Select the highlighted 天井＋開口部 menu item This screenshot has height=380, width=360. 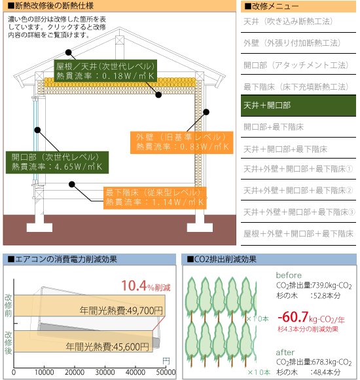[x=298, y=105]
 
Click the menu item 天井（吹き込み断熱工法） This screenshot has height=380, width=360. [x=288, y=22]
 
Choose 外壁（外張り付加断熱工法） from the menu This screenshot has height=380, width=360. [x=292, y=43]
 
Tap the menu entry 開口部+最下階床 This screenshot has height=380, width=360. [x=274, y=126]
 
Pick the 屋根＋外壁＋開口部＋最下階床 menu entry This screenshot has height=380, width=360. [x=298, y=234]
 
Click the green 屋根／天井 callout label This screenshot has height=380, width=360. [x=105, y=71]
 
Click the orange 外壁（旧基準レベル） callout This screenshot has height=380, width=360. [x=181, y=143]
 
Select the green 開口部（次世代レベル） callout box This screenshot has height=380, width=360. [x=57, y=162]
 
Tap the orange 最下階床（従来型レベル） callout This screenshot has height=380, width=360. [x=155, y=198]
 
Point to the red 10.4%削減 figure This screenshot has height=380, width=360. [x=146, y=286]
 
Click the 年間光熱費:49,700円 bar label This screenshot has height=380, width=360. [x=121, y=310]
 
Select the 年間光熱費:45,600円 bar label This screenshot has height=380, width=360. [x=107, y=347]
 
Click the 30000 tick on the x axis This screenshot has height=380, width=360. [x=105, y=372]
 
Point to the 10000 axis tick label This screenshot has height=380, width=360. [x=45, y=372]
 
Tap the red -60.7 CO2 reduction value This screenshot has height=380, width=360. [x=293, y=317]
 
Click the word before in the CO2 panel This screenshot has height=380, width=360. [x=289, y=275]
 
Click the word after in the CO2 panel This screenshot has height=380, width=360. [x=285, y=352]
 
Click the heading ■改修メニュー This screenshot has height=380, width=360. [x=272, y=7]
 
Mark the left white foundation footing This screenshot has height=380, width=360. [x=39, y=227]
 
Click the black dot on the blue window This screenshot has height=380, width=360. [x=37, y=130]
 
